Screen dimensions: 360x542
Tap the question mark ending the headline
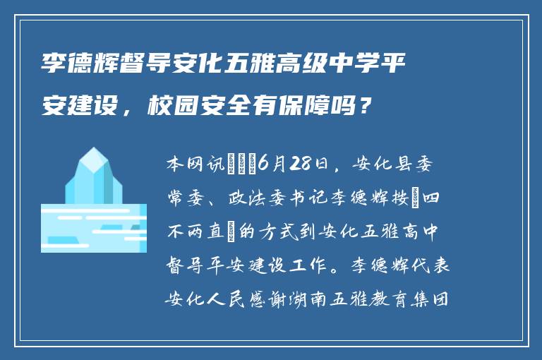tap(363, 107)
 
